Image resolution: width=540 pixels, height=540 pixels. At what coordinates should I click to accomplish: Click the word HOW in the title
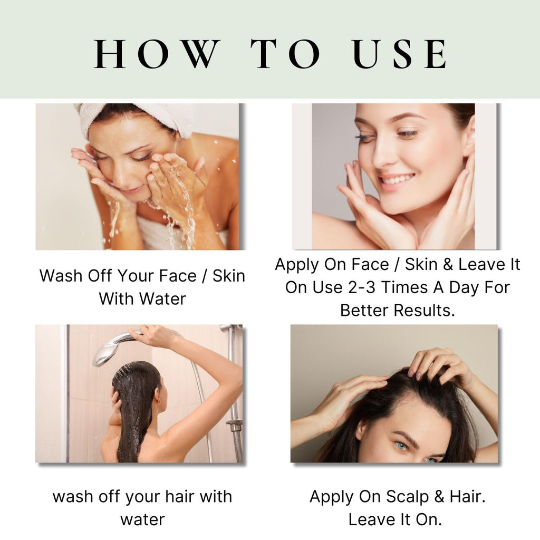point(156,54)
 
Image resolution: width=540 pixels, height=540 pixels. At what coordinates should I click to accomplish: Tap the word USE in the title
point(400,54)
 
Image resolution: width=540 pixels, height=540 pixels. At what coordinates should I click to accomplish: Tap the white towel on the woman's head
point(138,118)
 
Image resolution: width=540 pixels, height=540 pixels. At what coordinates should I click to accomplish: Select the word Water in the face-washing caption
point(162,298)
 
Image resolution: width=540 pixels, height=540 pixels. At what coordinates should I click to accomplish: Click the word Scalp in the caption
point(408,497)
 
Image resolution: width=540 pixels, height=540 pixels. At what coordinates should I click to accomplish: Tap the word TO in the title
point(286,54)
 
